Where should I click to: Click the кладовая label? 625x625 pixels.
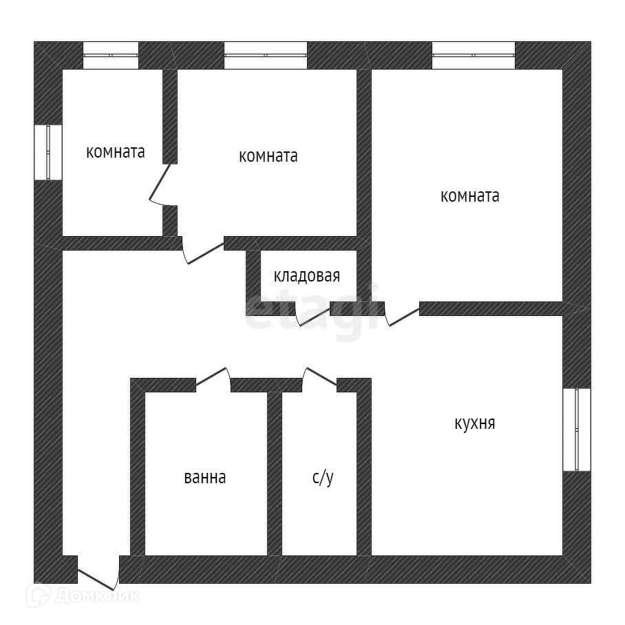click(x=307, y=277)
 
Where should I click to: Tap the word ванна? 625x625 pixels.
click(x=204, y=477)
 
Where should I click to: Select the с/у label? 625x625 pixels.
click(x=322, y=478)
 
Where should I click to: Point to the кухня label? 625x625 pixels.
click(x=475, y=423)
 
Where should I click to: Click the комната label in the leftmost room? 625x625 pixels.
click(x=116, y=152)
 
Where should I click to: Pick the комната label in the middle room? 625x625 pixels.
click(x=268, y=156)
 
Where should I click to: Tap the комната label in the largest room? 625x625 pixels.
click(x=470, y=196)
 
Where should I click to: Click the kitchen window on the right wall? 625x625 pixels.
click(x=577, y=430)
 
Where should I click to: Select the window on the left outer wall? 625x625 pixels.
click(x=48, y=152)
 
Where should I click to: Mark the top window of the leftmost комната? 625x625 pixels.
click(x=111, y=55)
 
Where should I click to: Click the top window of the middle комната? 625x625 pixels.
click(x=265, y=55)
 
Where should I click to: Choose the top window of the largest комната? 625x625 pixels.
click(x=474, y=55)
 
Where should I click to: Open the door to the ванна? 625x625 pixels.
click(x=213, y=378)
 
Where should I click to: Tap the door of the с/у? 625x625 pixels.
click(x=319, y=378)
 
